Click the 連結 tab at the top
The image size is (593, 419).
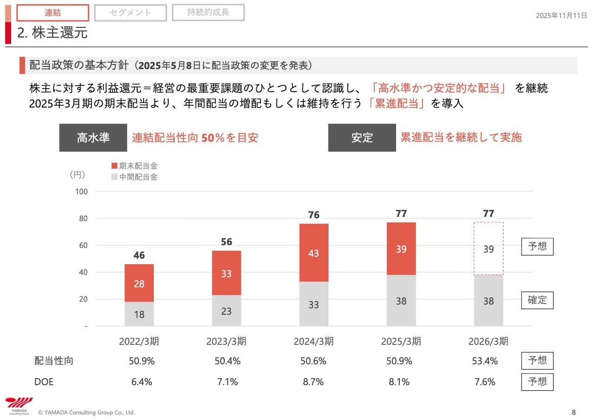click(52, 13)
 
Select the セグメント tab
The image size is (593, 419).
click(130, 13)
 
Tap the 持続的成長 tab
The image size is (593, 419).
click(208, 13)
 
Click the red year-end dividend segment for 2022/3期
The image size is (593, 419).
click(139, 283)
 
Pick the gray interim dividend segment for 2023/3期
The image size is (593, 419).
click(226, 311)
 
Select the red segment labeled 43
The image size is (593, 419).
click(314, 253)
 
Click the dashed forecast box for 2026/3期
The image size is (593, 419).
click(488, 249)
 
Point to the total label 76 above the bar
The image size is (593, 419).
click(314, 215)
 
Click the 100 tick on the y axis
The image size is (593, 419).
click(82, 191)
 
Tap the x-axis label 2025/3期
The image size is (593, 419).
click(401, 342)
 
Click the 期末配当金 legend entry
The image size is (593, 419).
click(134, 165)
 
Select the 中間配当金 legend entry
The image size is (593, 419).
click(134, 177)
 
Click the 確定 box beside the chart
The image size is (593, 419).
click(537, 300)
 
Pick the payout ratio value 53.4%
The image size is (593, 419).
click(485, 361)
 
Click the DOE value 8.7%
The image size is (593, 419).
click(314, 382)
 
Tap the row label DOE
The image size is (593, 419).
click(44, 382)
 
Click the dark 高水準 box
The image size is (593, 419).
click(93, 138)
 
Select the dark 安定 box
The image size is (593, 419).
click(362, 138)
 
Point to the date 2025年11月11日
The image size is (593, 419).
click(561, 15)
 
